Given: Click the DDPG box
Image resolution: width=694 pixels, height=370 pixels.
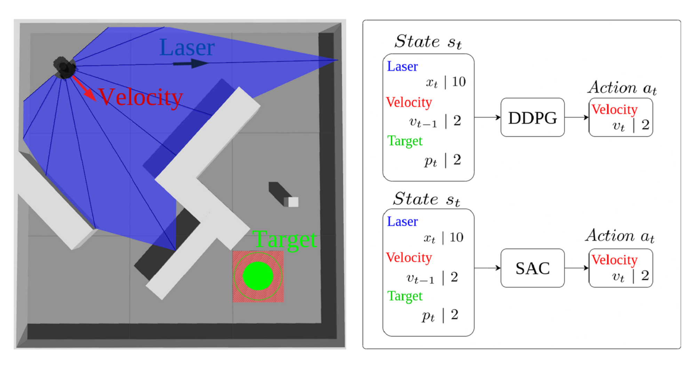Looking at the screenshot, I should pyautogui.click(x=532, y=117).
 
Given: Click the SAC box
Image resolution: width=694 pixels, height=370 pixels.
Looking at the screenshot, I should pyautogui.click(x=532, y=268).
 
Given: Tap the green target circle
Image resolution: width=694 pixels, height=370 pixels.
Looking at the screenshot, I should pyautogui.click(x=258, y=276).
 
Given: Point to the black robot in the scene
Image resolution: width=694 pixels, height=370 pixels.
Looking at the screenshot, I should pyautogui.click(x=64, y=67).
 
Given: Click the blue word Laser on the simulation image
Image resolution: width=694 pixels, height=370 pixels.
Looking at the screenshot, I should pyautogui.click(x=187, y=48).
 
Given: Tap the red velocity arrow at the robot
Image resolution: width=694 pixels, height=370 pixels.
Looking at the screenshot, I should pyautogui.click(x=85, y=88).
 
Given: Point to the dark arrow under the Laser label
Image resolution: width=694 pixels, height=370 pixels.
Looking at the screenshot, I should pyautogui.click(x=191, y=64).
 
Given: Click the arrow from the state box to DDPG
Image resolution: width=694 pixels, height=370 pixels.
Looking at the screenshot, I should pyautogui.click(x=487, y=117).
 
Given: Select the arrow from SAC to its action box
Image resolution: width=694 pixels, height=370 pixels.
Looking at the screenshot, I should pyautogui.click(x=576, y=268).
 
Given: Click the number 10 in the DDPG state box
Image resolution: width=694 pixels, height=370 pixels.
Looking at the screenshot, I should pyautogui.click(x=458, y=82).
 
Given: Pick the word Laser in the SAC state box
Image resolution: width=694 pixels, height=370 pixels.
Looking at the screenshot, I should pyautogui.click(x=402, y=222).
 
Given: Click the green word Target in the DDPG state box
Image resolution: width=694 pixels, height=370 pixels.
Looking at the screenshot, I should pyautogui.click(x=405, y=141).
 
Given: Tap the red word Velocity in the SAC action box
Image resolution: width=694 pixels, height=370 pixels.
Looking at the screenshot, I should pyautogui.click(x=614, y=260).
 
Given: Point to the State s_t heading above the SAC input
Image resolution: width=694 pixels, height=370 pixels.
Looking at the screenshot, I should pyautogui.click(x=426, y=199).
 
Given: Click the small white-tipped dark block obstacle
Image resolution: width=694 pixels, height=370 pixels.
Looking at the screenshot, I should pyautogui.click(x=284, y=195).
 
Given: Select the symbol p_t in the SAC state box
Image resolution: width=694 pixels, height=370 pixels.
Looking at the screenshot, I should pyautogui.click(x=428, y=316).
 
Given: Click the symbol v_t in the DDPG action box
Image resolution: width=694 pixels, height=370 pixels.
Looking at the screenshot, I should pyautogui.click(x=618, y=126).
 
